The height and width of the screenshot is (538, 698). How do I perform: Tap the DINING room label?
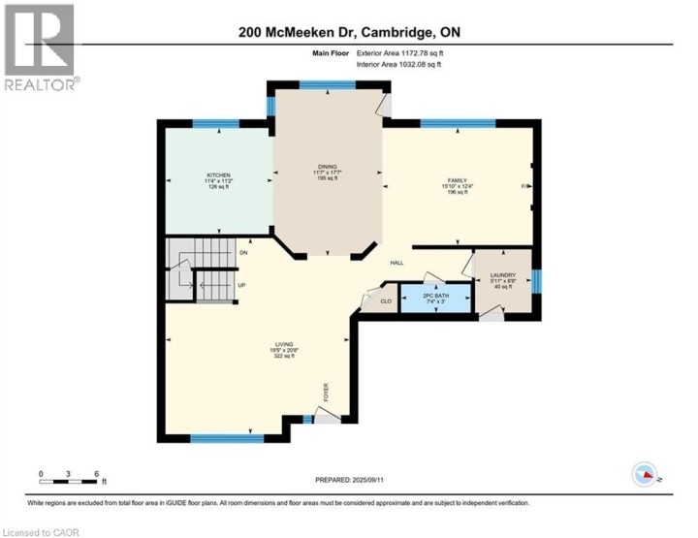[327, 166]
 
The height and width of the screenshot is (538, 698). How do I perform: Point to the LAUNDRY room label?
[502, 275]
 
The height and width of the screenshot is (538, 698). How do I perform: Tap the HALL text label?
[397, 263]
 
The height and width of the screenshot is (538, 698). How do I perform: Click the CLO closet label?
[384, 301]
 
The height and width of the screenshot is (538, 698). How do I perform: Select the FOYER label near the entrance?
[326, 392]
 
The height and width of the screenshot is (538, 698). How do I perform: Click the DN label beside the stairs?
[243, 253]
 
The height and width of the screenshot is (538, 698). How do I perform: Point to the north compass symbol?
[644, 474]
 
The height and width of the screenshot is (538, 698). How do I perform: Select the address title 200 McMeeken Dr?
[349, 32]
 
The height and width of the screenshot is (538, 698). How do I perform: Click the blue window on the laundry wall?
[536, 281]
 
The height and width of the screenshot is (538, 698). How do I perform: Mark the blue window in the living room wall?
[227, 439]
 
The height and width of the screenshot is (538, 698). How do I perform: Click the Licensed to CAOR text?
[42, 531]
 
